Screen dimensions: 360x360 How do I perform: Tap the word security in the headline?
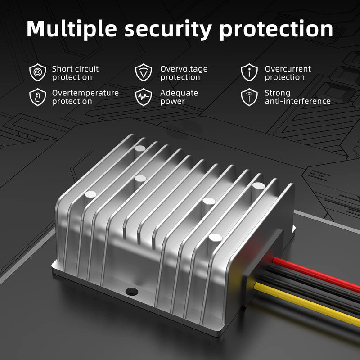click(168, 30)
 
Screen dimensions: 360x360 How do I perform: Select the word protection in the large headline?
click(276, 30)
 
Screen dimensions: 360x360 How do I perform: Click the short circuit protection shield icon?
click(38, 72)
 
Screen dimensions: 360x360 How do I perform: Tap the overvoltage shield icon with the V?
click(144, 72)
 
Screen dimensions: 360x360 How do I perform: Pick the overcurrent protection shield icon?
click(249, 72)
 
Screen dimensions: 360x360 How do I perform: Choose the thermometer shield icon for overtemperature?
click(38, 97)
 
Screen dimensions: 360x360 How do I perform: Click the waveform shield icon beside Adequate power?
click(144, 97)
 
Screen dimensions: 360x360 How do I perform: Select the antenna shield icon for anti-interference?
click(249, 97)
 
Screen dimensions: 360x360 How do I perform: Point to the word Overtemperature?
click(85, 93)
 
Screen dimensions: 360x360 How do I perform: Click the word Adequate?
click(179, 93)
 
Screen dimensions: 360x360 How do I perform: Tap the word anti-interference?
click(298, 101)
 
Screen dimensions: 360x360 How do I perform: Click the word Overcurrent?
click(288, 69)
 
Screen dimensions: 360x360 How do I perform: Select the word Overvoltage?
click(184, 69)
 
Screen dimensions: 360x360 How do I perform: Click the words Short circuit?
click(75, 69)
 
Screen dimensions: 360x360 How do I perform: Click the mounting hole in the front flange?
click(132, 292)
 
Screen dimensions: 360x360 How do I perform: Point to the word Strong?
click(278, 94)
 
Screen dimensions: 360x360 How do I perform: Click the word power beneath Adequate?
click(172, 102)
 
